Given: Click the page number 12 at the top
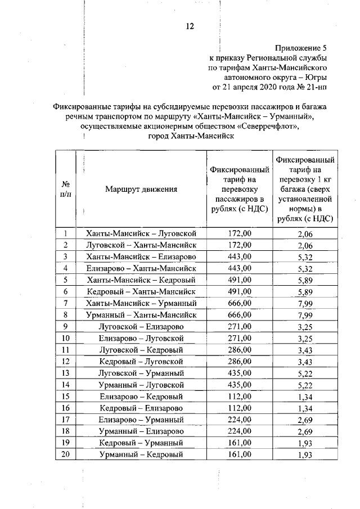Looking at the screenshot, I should [190, 26].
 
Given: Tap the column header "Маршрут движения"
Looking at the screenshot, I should [141, 190].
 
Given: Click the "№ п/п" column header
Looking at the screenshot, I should [66, 189].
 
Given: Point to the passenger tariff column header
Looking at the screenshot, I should [239, 190].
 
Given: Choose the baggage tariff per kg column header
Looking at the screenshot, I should [304, 190].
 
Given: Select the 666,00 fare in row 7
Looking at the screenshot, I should [239, 304].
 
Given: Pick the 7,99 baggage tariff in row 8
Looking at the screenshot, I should [304, 316].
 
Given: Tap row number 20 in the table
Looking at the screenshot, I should [66, 454].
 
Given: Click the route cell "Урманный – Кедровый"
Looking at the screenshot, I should [141, 454].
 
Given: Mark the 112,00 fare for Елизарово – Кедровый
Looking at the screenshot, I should [239, 397].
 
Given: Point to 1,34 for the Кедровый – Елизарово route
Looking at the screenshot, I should [304, 408].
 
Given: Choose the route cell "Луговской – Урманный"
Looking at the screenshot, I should [141, 373].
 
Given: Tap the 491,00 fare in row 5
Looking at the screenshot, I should [239, 280].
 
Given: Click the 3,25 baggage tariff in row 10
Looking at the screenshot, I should [304, 339].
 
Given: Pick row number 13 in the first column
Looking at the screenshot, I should [66, 373].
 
